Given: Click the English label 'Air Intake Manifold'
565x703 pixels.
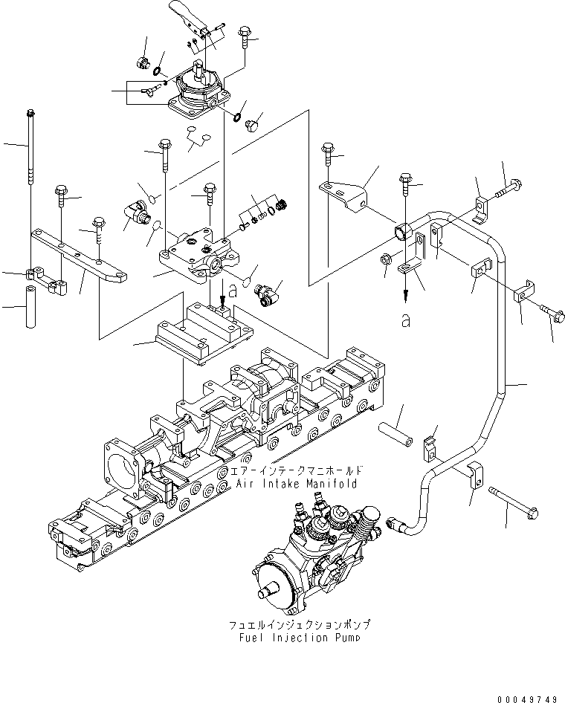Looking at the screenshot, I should (297, 483).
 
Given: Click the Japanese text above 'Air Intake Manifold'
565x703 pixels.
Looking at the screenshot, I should (297, 471).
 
